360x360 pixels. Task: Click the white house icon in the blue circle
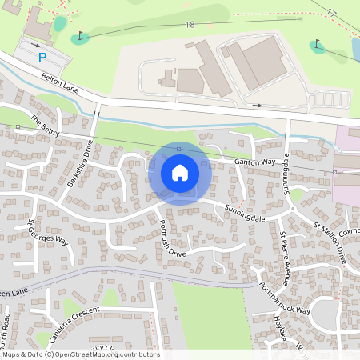click(180, 173)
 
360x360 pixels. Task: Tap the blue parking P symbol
click(43, 57)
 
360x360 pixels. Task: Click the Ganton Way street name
click(254, 162)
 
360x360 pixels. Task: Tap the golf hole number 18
click(190, 26)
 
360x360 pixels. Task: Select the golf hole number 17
click(333, 12)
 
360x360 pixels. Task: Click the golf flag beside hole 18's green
click(81, 36)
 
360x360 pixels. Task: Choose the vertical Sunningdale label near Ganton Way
click(286, 169)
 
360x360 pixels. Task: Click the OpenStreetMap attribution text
click(80, 354)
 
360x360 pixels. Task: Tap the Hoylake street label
click(290, 331)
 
